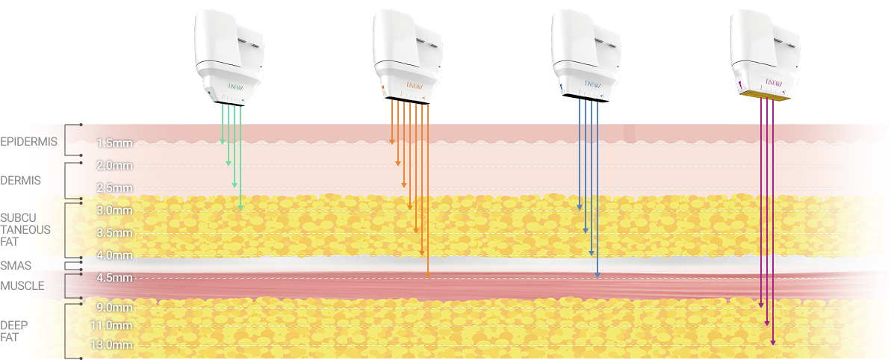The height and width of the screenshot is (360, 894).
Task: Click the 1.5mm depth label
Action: click(x=114, y=143)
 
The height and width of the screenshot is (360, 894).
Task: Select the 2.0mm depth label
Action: click(x=114, y=165)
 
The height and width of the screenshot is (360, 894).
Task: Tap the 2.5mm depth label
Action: click(x=114, y=187)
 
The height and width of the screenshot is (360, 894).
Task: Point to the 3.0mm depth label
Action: click(x=114, y=210)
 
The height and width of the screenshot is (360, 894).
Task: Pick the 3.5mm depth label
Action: click(x=114, y=232)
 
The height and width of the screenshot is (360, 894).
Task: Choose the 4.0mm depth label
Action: click(x=114, y=255)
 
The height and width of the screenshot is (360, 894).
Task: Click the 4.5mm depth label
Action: click(x=114, y=278)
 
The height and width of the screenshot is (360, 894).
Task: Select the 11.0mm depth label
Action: click(x=111, y=326)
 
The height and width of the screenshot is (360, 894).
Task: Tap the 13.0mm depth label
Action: click(x=111, y=344)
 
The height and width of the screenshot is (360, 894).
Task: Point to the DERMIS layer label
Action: click(x=21, y=180)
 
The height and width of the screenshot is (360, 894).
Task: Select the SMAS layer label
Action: click(x=15, y=265)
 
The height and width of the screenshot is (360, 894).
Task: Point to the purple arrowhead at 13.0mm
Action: click(x=773, y=342)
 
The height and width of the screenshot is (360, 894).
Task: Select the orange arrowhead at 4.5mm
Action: click(x=428, y=275)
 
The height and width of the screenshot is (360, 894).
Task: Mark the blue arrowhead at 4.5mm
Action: click(x=597, y=276)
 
